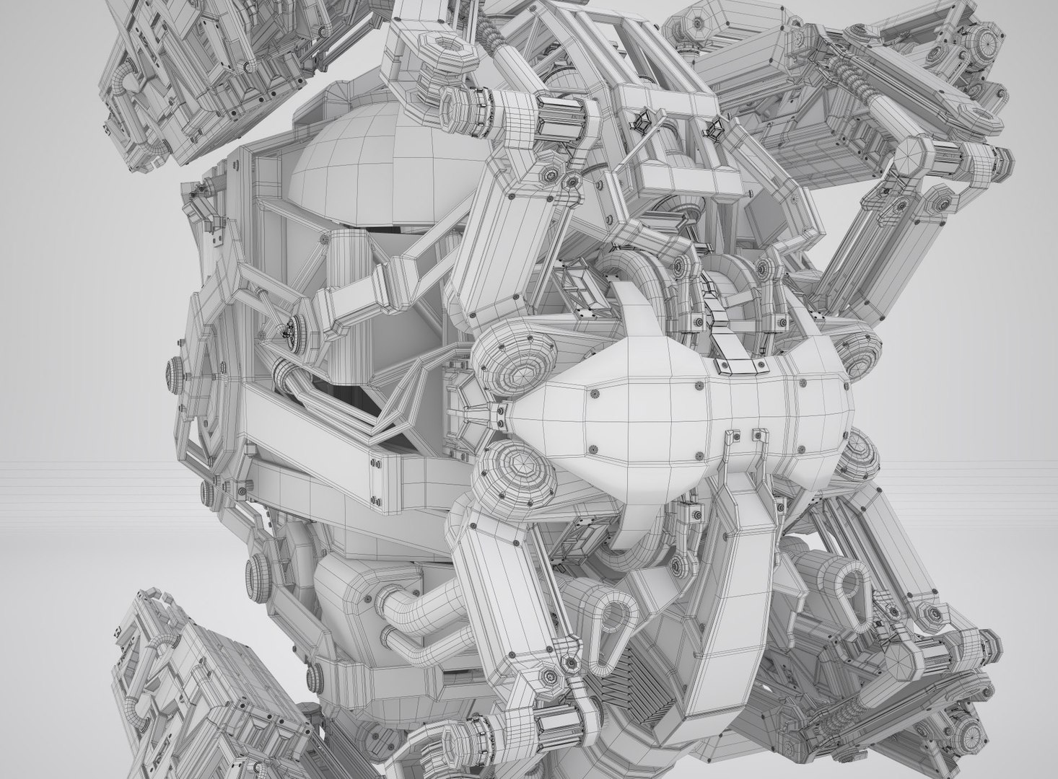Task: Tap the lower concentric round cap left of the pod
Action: (517, 469)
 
